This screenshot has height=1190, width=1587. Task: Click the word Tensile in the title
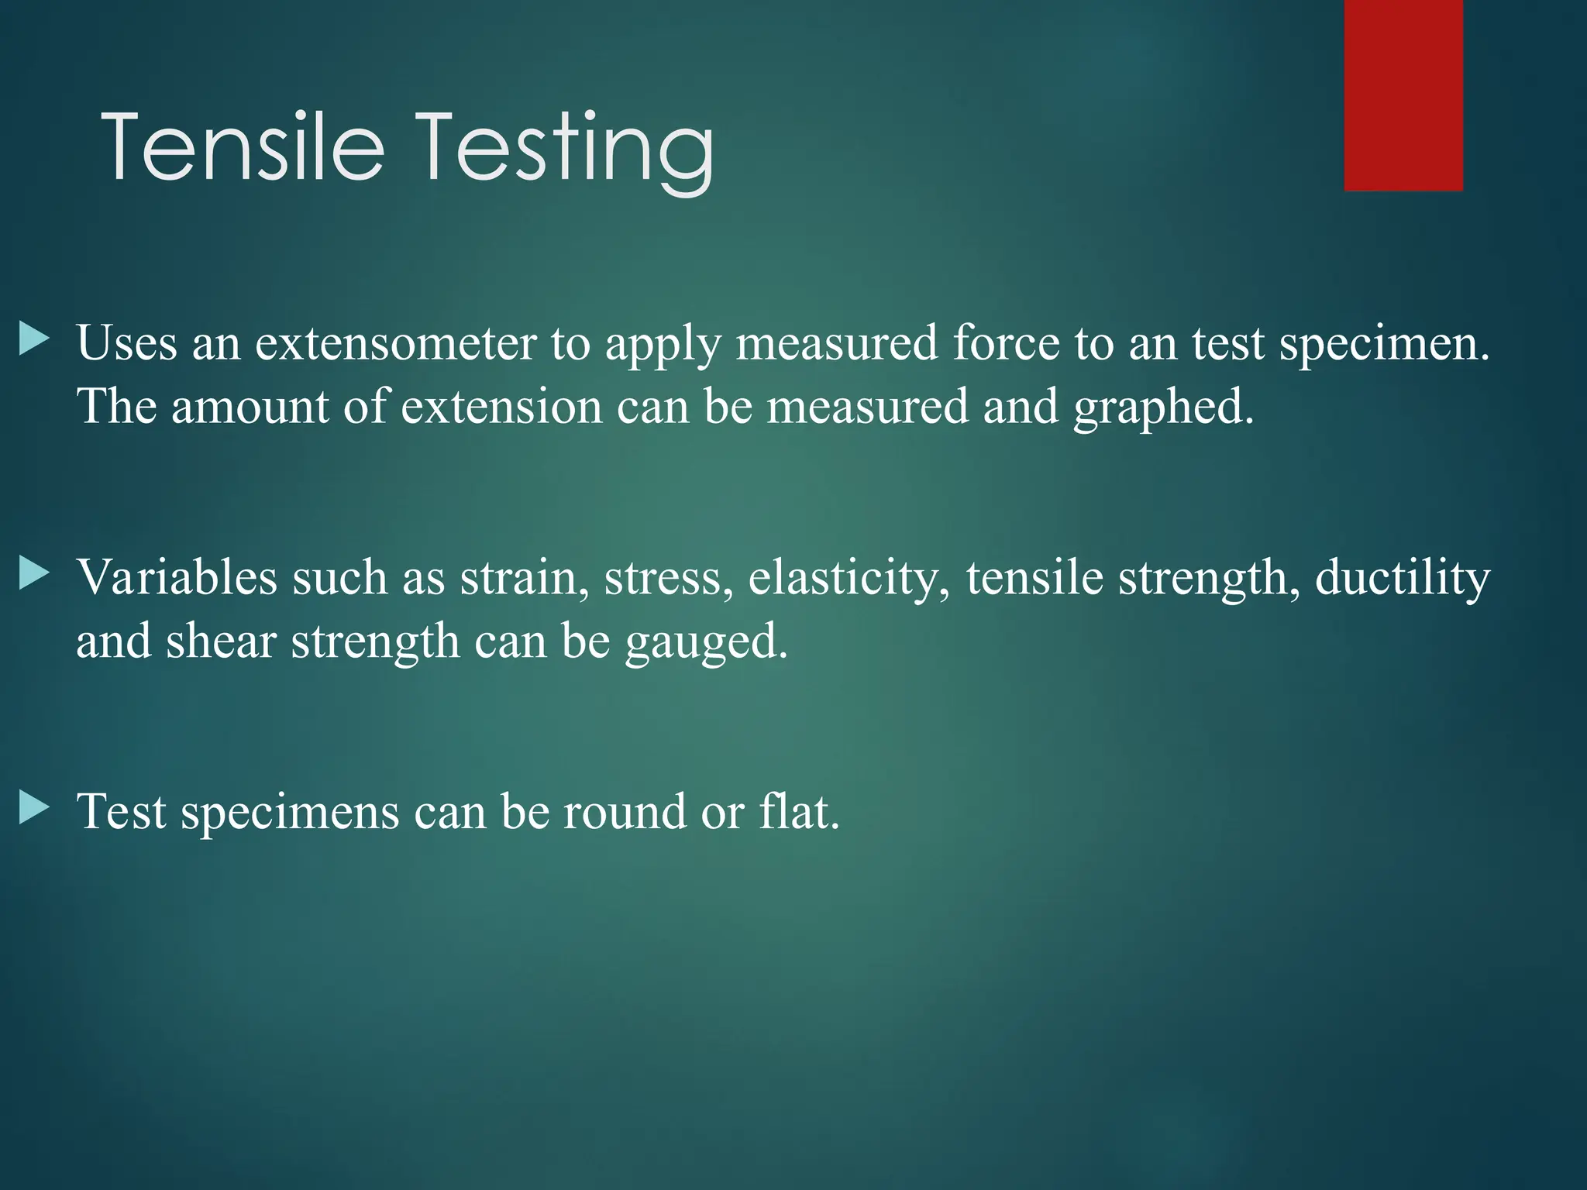tap(243, 147)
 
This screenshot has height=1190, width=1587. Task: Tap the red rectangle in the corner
tap(1403, 95)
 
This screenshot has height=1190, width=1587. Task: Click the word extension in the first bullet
tap(501, 408)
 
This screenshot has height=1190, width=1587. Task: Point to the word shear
tap(220, 641)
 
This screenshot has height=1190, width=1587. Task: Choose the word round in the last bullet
tap(624, 812)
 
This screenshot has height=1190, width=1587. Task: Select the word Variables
tap(177, 578)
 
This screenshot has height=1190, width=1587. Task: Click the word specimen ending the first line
tap(1382, 344)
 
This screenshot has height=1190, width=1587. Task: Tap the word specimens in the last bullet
tap(290, 813)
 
